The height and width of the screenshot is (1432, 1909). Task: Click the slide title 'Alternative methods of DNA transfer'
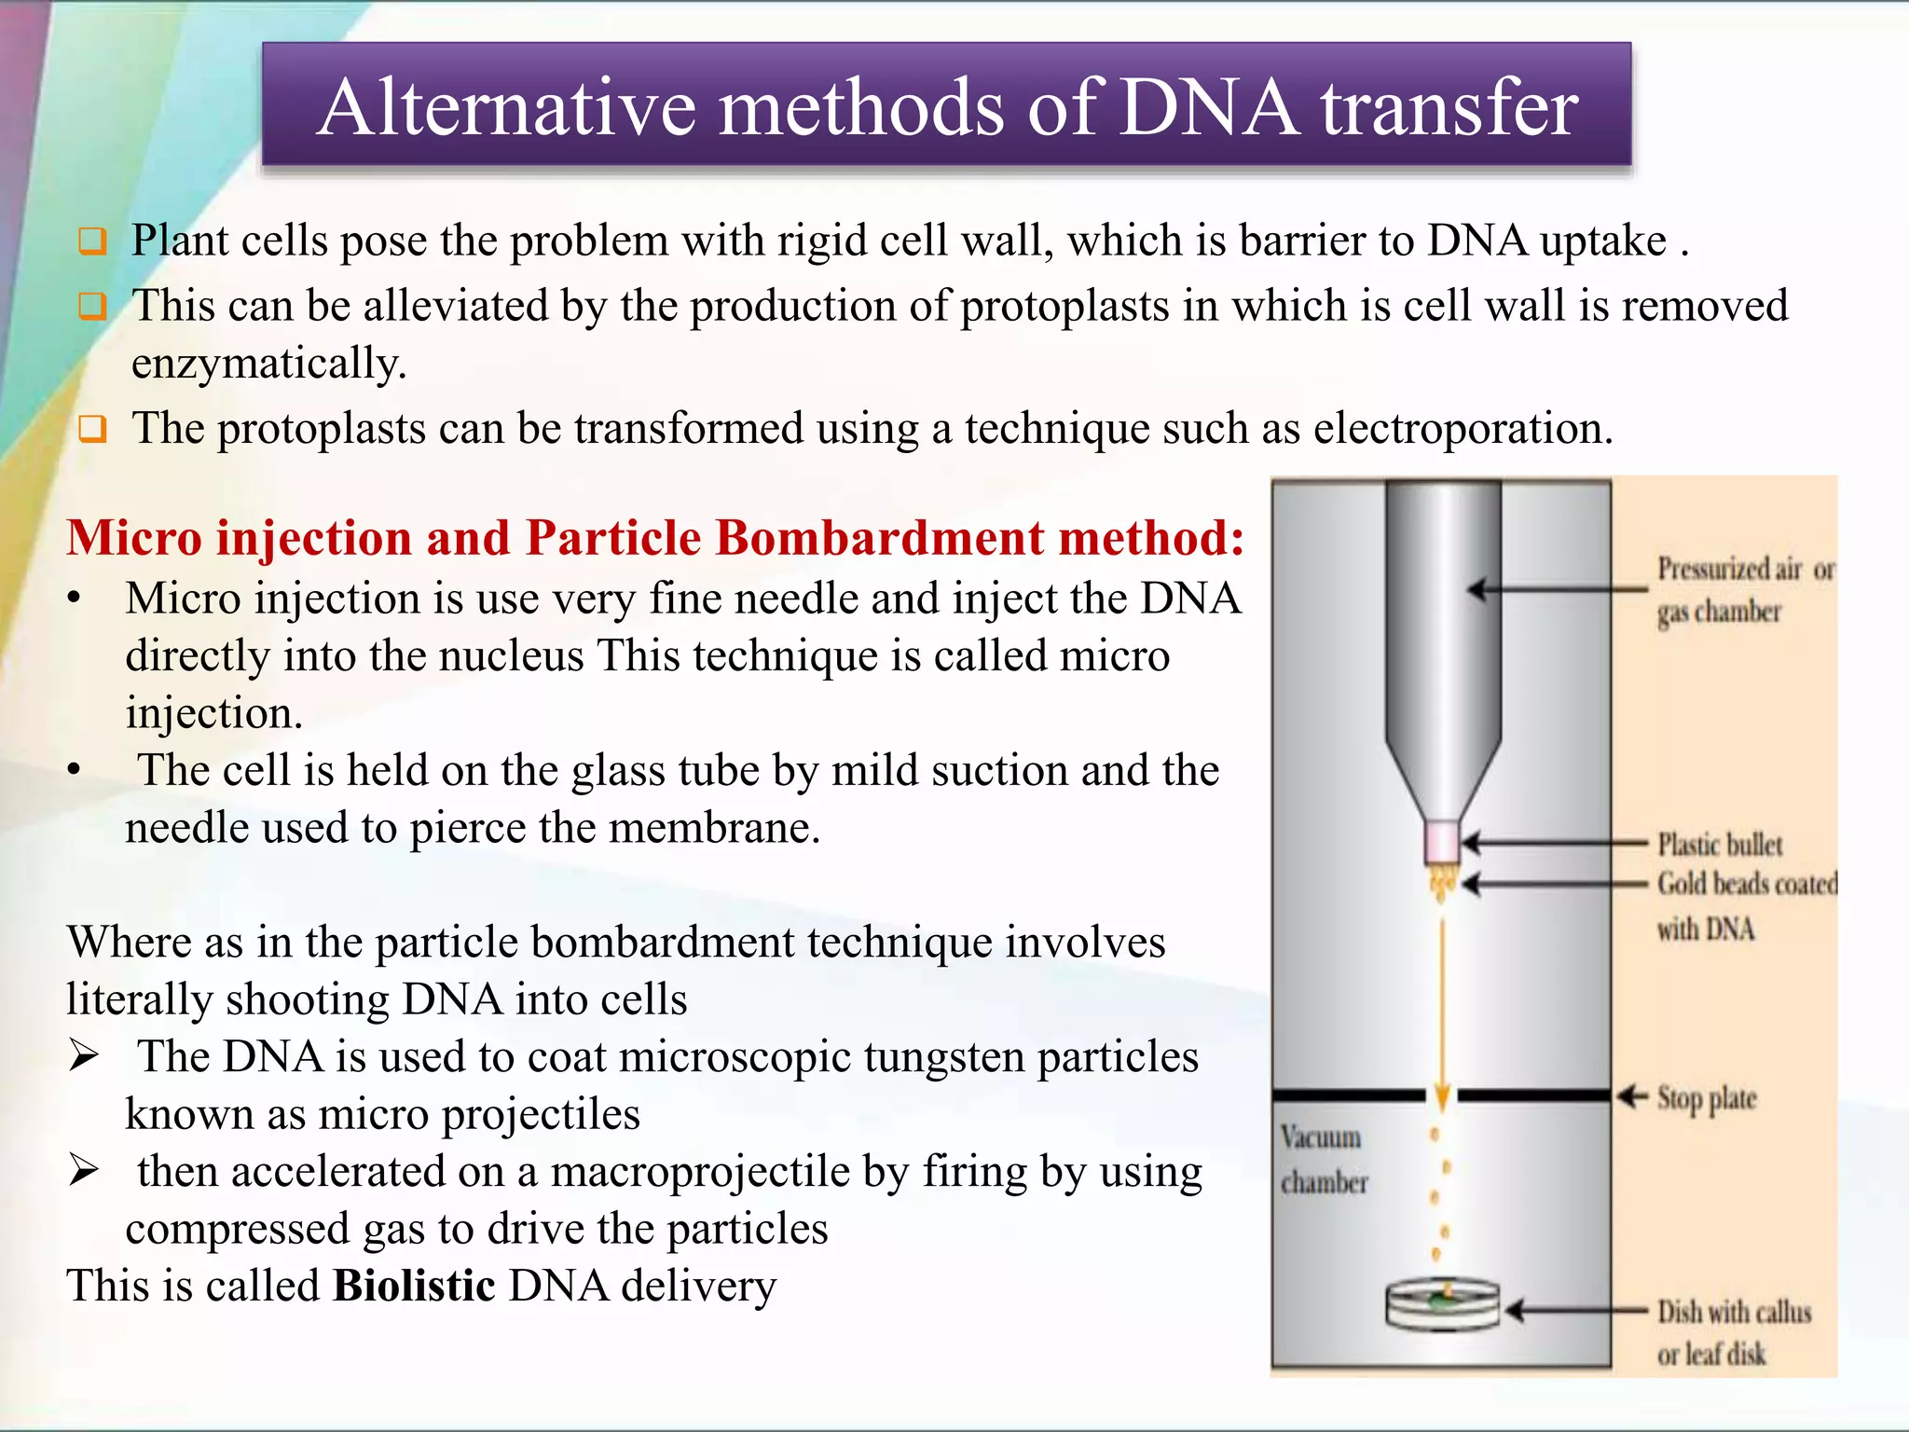[946, 107]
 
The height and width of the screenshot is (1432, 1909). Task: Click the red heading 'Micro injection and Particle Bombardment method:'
[655, 538]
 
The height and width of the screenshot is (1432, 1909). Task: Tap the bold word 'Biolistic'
[414, 1286]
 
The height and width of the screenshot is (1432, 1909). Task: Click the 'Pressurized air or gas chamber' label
[1744, 590]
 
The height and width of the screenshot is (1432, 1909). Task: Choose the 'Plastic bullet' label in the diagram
[1719, 845]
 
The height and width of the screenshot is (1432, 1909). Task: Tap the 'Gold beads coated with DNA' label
[1745, 904]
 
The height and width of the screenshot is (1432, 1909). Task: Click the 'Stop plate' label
[1706, 1099]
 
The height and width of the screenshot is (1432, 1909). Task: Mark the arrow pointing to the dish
[1575, 1311]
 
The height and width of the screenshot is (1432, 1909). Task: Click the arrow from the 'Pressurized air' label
[1557, 589]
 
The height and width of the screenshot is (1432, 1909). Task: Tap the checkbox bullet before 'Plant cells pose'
[92, 241]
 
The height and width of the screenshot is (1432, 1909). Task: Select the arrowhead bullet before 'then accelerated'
[84, 1170]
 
